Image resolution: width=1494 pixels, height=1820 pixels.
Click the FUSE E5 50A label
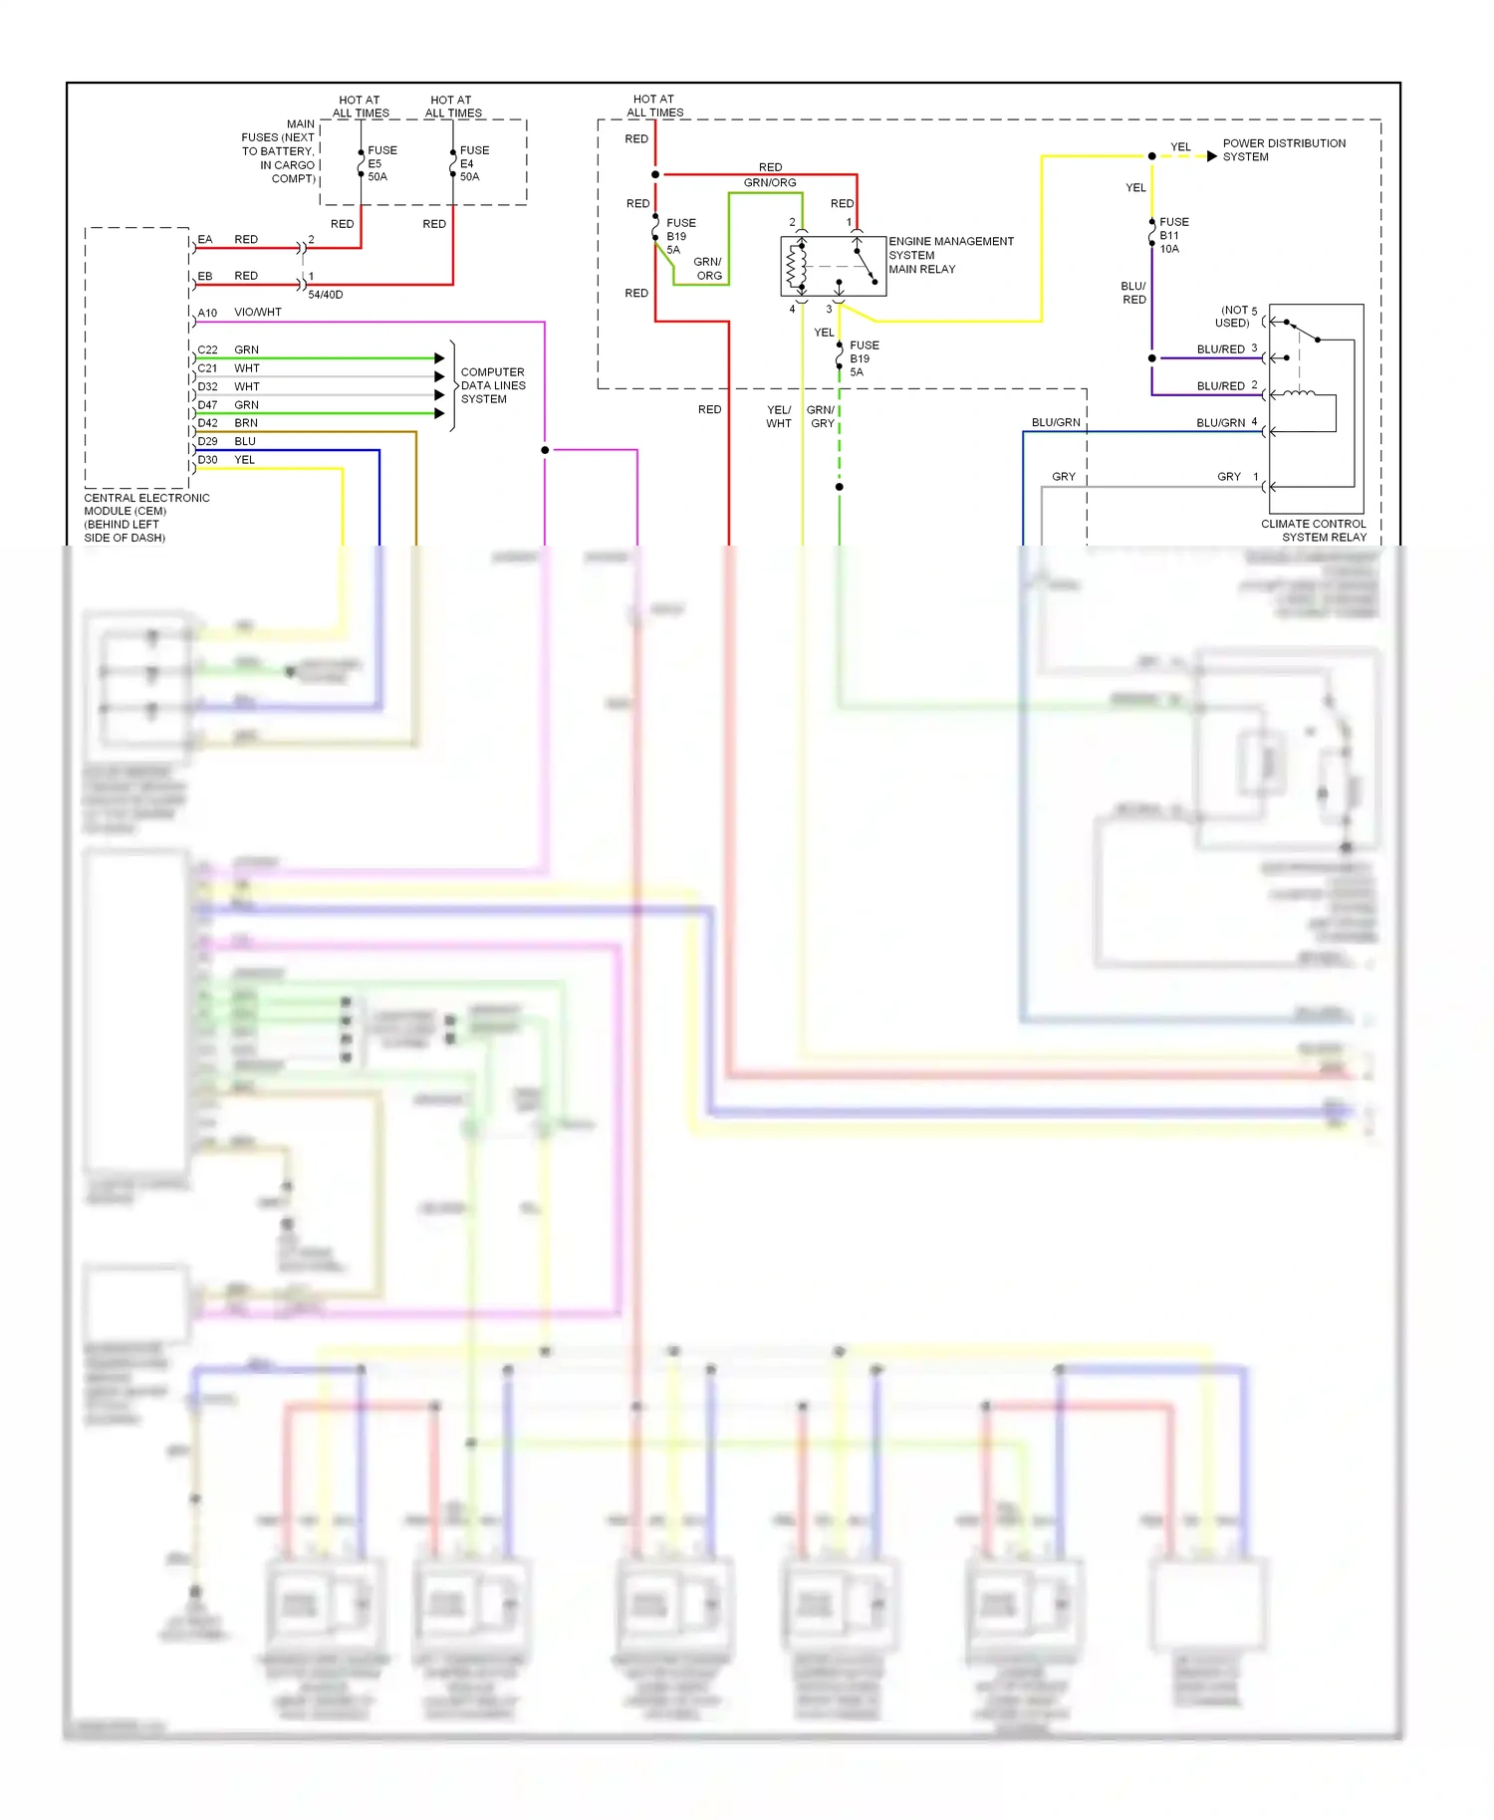tap(381, 163)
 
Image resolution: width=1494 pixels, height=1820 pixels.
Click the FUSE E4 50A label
tap(473, 163)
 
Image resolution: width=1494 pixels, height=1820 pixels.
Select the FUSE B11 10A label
tap(1173, 236)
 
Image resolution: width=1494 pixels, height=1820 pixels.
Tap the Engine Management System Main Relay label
tap(950, 255)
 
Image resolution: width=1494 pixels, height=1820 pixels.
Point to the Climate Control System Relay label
tap(1314, 530)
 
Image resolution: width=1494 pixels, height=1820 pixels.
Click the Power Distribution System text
tap(1283, 149)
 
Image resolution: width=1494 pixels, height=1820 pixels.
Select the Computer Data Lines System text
tap(493, 385)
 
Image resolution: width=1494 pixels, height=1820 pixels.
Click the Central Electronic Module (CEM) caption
tap(145, 517)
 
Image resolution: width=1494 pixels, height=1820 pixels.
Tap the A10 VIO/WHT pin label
tap(239, 313)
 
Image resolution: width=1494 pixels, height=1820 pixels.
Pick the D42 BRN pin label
tap(227, 423)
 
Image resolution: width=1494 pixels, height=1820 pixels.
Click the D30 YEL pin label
tap(226, 460)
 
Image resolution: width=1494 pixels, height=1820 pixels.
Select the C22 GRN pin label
tap(227, 349)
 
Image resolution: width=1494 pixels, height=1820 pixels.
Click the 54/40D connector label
tap(325, 295)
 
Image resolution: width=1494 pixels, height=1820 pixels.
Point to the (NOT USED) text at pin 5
tap(1235, 317)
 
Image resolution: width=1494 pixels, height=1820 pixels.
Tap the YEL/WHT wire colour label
tap(779, 416)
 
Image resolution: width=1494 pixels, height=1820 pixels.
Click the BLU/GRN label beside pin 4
tap(1220, 423)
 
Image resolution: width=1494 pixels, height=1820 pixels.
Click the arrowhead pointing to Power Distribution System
tap(1211, 156)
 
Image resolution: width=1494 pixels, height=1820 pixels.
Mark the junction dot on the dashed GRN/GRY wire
tap(840, 487)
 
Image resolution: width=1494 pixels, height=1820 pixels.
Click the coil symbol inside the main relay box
tap(795, 267)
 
